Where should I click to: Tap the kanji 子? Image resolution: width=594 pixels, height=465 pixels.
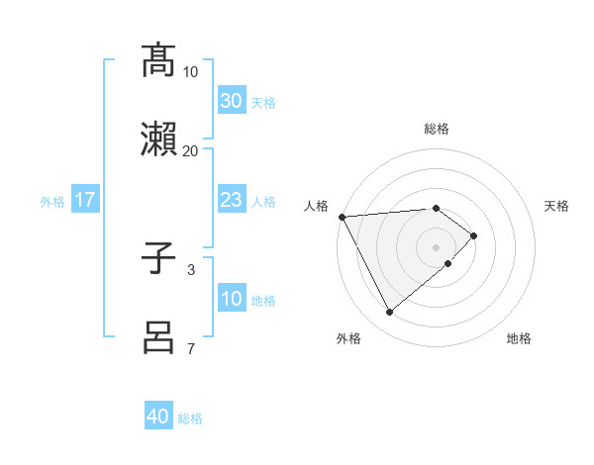pyautogui.click(x=158, y=259)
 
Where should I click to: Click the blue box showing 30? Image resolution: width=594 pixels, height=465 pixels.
pyautogui.click(x=231, y=101)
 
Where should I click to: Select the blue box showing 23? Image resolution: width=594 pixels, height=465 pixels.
pyautogui.click(x=231, y=201)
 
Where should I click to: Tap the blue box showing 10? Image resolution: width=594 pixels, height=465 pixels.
pyautogui.click(x=231, y=300)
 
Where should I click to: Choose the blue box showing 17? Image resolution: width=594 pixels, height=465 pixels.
pyautogui.click(x=85, y=201)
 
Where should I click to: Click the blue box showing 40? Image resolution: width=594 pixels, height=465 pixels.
pyautogui.click(x=158, y=417)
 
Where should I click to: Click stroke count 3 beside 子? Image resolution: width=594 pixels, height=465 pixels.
pyautogui.click(x=190, y=269)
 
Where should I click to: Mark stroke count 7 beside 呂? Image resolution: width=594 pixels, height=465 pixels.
pyautogui.click(x=190, y=348)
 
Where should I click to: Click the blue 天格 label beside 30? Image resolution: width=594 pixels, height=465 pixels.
pyautogui.click(x=263, y=102)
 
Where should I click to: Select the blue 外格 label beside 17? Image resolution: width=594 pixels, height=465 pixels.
pyautogui.click(x=52, y=202)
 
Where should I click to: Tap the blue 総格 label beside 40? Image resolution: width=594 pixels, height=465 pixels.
pyautogui.click(x=190, y=418)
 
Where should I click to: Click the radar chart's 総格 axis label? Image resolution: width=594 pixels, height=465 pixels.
pyautogui.click(x=437, y=129)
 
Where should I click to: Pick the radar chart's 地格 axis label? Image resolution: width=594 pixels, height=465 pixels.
pyautogui.click(x=519, y=338)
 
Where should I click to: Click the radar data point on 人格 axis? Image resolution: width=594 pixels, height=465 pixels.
pyautogui.click(x=342, y=217)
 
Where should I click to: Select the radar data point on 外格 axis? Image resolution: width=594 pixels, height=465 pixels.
pyautogui.click(x=389, y=313)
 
